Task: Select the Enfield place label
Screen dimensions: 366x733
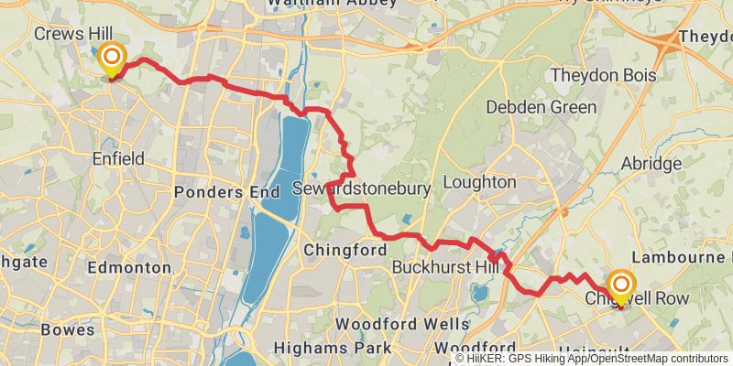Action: tap(118, 159)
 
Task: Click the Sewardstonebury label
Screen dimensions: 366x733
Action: tap(374, 188)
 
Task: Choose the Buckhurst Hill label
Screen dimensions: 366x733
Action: tap(443, 268)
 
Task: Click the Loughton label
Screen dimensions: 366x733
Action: tap(479, 182)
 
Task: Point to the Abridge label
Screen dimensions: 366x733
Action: tap(651, 164)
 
